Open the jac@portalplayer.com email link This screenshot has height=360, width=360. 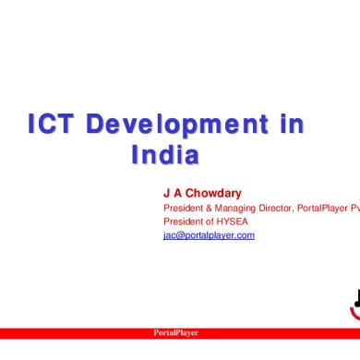[208, 235]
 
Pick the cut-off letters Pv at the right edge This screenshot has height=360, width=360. [354, 208]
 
